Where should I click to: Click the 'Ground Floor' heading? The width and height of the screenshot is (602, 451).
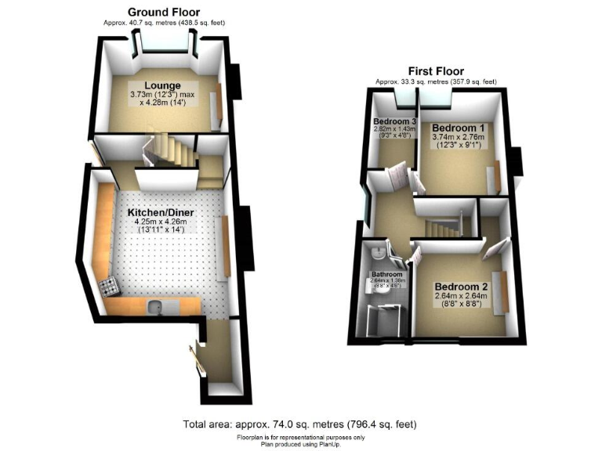[163, 13]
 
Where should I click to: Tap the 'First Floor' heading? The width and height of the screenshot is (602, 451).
[435, 71]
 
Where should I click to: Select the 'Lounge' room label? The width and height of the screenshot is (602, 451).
[163, 85]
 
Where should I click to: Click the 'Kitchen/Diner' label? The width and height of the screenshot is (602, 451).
[161, 212]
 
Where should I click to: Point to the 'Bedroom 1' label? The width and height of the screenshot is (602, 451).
[459, 128]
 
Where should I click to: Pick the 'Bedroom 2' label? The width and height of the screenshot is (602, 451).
[461, 286]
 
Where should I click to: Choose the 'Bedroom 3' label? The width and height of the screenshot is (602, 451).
[394, 121]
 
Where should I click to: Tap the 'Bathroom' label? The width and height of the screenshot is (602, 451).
[387, 275]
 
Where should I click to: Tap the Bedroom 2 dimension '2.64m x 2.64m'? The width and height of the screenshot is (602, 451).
[461, 296]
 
